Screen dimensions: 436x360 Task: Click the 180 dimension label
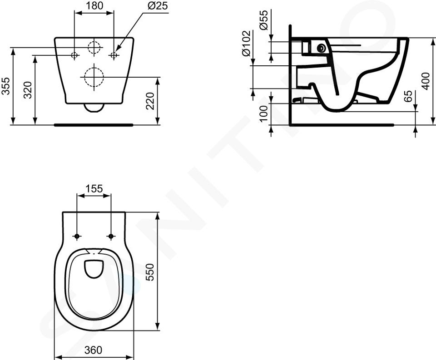[x=95, y=5]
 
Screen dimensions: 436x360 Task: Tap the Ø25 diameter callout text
[x=158, y=5]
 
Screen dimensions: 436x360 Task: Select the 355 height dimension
[x=6, y=86]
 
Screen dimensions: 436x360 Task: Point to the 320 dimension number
[x=28, y=90]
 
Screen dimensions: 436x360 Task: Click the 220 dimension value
[x=150, y=101]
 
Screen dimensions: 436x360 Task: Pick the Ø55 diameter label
[x=263, y=20]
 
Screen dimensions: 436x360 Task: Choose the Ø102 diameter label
[x=246, y=44]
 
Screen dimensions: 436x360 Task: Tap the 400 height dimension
[x=426, y=81]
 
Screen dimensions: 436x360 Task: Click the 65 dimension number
[x=408, y=96]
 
